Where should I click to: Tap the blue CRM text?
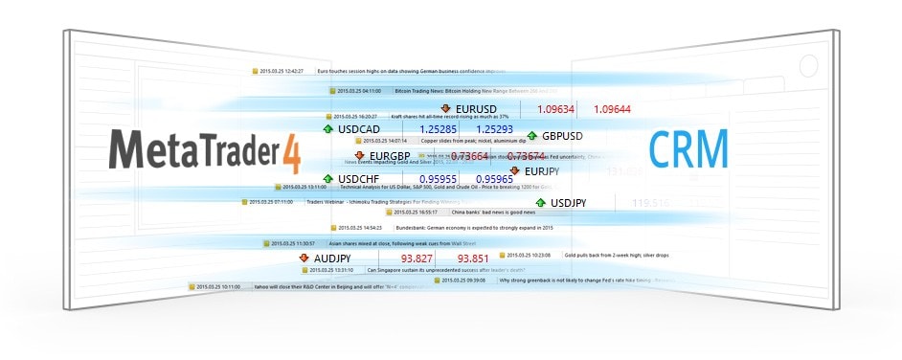click(688, 150)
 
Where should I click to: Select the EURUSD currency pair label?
click(477, 109)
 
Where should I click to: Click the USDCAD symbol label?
click(359, 128)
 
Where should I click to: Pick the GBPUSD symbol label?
click(562, 136)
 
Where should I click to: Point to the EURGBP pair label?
click(390, 156)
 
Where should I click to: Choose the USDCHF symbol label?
click(359, 178)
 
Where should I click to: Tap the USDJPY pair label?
click(569, 203)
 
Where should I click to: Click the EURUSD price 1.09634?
click(556, 109)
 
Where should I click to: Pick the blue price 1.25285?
click(438, 128)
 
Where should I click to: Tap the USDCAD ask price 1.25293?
click(494, 128)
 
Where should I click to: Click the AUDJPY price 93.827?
click(417, 259)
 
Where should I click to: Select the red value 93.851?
click(473, 259)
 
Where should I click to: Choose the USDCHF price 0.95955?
click(438, 178)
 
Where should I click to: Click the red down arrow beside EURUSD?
click(445, 109)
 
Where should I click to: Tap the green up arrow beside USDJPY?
click(541, 203)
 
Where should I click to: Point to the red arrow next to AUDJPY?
click(304, 259)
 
